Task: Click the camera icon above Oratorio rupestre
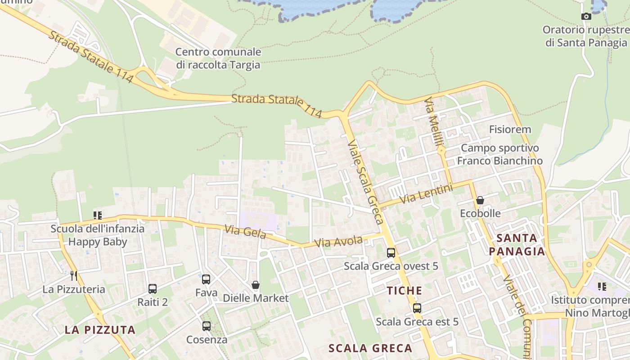pyautogui.click(x=586, y=17)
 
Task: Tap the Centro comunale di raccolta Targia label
pyautogui.click(x=218, y=58)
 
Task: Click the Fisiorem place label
pyautogui.click(x=510, y=130)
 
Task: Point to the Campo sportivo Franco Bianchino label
pyautogui.click(x=499, y=154)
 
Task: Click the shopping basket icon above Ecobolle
pyautogui.click(x=480, y=200)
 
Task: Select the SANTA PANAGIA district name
pyautogui.click(x=517, y=244)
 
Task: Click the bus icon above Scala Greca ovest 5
pyautogui.click(x=391, y=253)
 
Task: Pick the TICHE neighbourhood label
pyautogui.click(x=405, y=291)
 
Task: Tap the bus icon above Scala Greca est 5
pyautogui.click(x=417, y=308)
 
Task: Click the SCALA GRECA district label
pyautogui.click(x=370, y=348)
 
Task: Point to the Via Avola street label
pyautogui.click(x=338, y=242)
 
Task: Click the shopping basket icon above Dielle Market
pyautogui.click(x=256, y=285)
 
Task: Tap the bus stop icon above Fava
pyautogui.click(x=206, y=279)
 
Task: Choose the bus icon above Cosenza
pyautogui.click(x=207, y=326)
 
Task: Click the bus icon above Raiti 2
pyautogui.click(x=153, y=288)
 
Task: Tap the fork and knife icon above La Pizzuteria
pyautogui.click(x=74, y=275)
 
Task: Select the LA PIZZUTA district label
pyautogui.click(x=100, y=330)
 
